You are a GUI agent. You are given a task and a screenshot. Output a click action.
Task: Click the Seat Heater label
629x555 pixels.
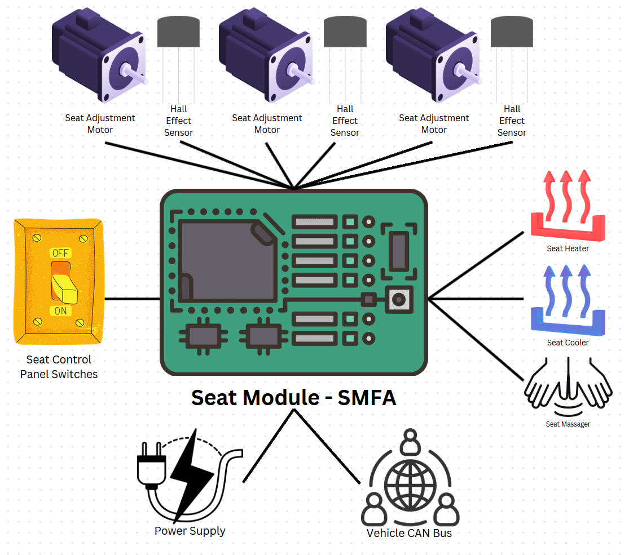tap(568, 248)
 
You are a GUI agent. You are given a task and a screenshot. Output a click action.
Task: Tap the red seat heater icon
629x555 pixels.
tap(568, 208)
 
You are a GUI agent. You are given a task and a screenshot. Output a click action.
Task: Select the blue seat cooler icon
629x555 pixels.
tap(568, 301)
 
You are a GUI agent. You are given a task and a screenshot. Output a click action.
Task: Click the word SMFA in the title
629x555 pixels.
tap(367, 398)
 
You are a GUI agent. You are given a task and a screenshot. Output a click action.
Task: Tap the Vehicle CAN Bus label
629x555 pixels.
tap(409, 533)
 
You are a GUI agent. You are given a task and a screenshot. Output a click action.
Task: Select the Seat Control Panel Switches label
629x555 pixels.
tap(59, 367)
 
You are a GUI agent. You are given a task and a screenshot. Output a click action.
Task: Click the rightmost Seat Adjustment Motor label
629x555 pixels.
tap(434, 123)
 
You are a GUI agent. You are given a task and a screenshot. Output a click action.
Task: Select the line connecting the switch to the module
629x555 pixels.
tap(132, 299)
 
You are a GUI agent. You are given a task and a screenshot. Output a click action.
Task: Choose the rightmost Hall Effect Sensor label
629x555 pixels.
tap(512, 121)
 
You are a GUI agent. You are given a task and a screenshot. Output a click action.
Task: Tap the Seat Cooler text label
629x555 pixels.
tap(568, 343)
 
